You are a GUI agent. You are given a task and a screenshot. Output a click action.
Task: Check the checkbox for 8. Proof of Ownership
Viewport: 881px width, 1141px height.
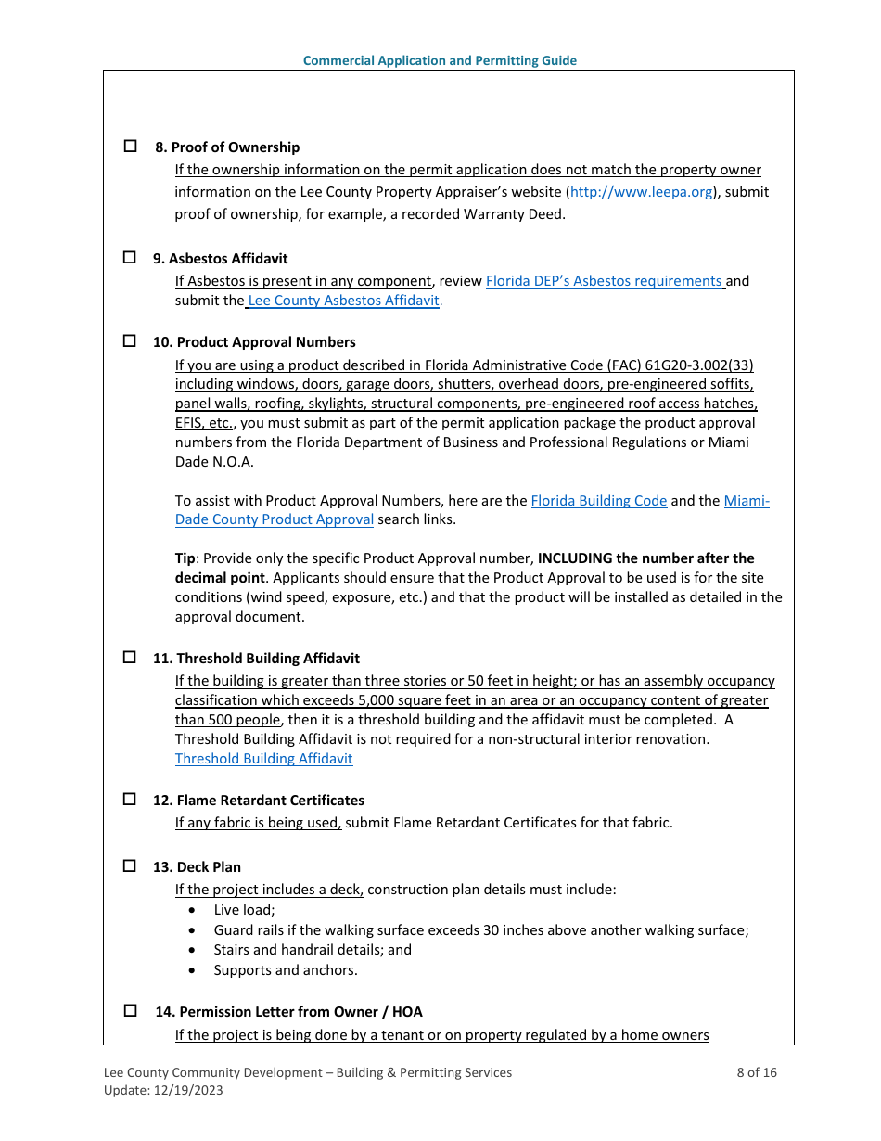[131, 147]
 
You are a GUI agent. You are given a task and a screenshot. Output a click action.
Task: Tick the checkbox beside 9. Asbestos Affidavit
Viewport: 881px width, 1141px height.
[131, 258]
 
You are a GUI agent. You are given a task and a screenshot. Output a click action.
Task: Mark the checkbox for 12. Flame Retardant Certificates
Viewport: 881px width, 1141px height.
[131, 800]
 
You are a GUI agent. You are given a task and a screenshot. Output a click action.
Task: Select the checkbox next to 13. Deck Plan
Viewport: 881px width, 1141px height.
[131, 866]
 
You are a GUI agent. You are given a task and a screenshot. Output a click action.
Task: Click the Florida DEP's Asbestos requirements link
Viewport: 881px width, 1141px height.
[605, 281]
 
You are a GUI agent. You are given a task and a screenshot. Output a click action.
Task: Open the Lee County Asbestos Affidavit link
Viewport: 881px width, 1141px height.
[344, 301]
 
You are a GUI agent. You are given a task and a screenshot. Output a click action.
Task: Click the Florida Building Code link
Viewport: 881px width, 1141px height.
[598, 501]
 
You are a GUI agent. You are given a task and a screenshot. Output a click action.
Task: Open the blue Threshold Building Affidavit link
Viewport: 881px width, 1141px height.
[263, 759]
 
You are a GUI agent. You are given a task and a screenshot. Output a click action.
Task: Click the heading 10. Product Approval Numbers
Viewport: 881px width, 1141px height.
[254, 342]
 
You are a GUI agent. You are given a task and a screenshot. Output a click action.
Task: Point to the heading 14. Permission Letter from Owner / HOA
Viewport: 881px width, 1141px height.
[288, 1012]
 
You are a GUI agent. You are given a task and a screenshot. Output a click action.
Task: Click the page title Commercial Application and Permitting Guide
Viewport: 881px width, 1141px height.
[440, 60]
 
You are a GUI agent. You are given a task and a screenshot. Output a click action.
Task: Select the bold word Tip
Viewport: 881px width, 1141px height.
[185, 558]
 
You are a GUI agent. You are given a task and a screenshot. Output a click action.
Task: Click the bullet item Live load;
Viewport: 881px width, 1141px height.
[244, 910]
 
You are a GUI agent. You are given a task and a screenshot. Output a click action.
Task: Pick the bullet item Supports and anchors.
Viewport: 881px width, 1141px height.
[285, 970]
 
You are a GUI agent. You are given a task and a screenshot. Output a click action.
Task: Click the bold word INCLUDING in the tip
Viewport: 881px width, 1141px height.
[575, 558]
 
